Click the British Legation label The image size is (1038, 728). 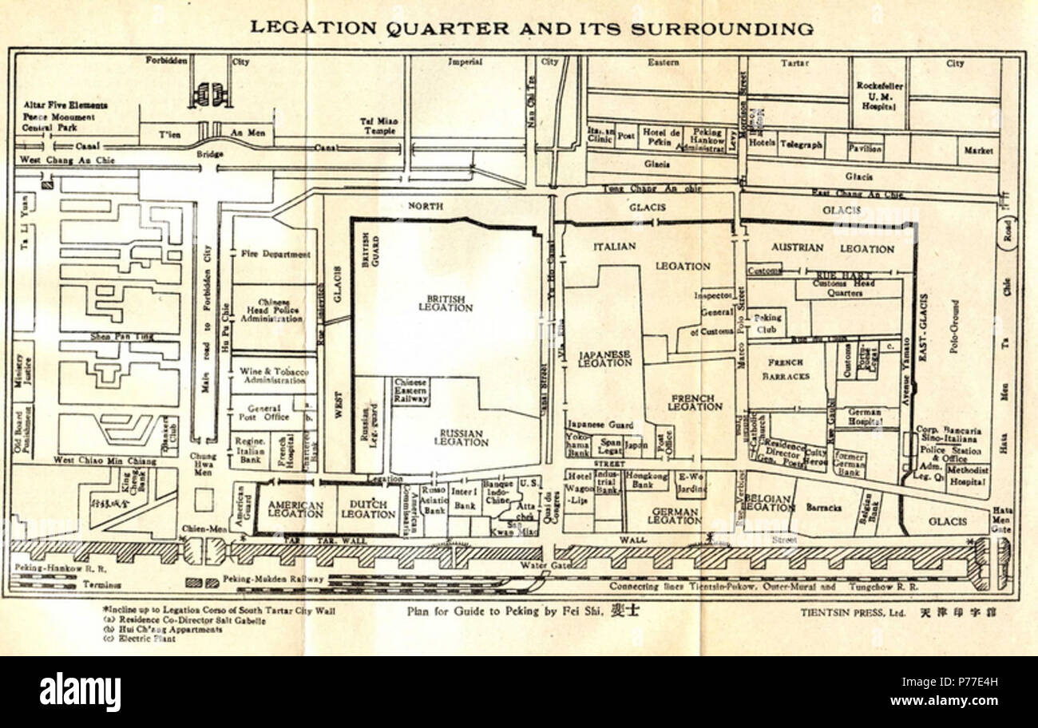click(446, 303)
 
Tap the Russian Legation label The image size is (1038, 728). click(461, 437)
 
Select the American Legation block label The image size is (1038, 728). click(295, 510)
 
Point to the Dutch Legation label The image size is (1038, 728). click(368, 509)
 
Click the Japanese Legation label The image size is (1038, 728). click(605, 358)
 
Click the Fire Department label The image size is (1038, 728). click(275, 254)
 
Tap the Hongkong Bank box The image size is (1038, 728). click(646, 480)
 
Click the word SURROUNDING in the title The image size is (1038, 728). click(722, 29)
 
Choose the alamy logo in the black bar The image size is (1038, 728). click(80, 691)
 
